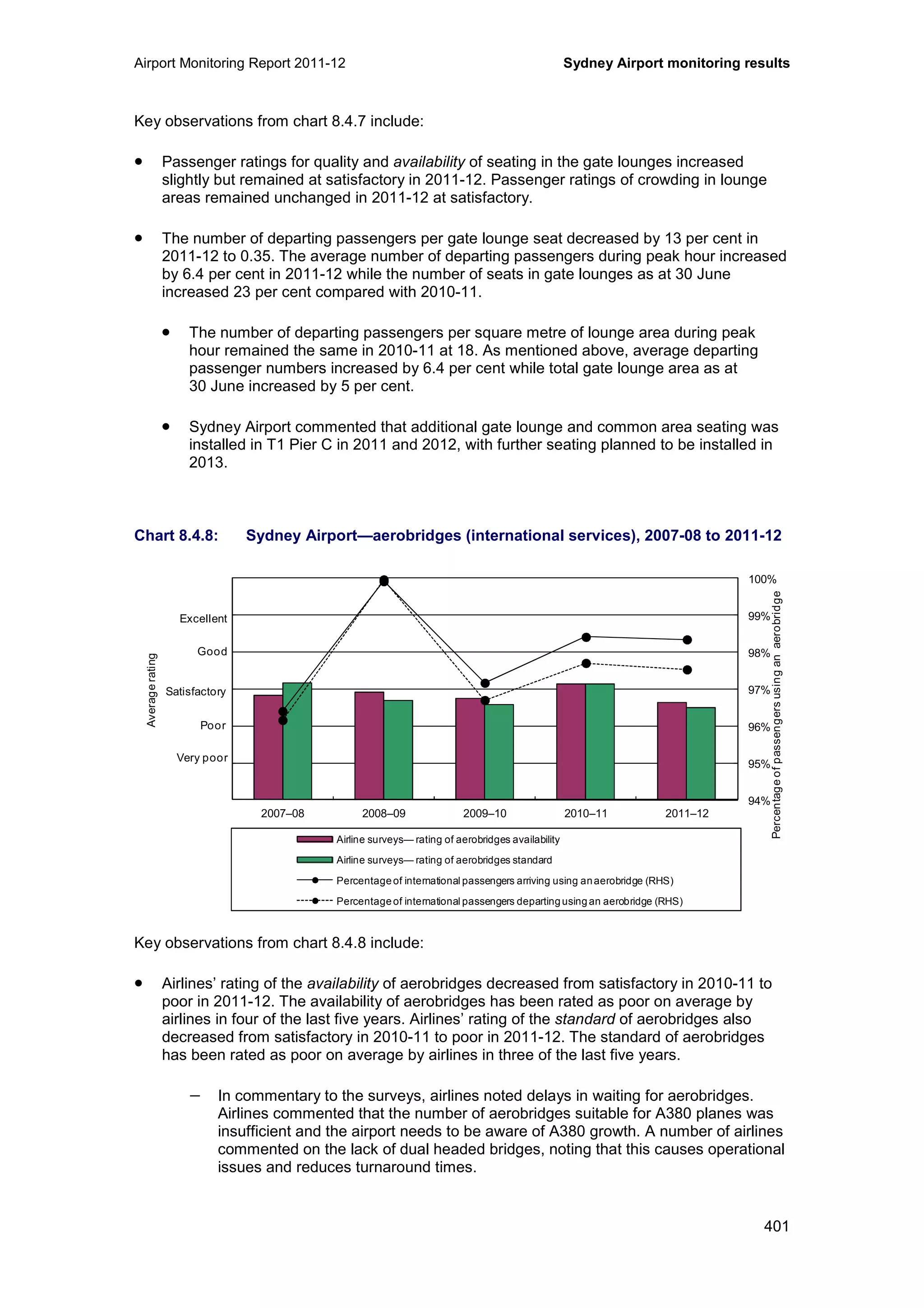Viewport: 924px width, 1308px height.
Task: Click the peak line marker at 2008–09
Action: point(383,580)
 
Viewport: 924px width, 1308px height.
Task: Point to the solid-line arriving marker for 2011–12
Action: point(687,640)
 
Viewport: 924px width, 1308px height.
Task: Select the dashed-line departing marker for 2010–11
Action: point(586,663)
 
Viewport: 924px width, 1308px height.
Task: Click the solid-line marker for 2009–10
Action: point(485,683)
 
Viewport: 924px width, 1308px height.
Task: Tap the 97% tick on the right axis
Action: point(758,691)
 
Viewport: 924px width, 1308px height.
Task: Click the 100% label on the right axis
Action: point(762,580)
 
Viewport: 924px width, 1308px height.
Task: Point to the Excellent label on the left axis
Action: point(203,619)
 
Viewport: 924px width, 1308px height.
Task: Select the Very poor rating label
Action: point(202,758)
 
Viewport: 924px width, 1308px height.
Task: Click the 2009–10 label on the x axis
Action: point(485,813)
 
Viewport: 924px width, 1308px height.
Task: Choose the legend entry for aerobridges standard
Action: point(444,860)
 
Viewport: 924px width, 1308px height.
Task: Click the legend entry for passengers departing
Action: point(509,901)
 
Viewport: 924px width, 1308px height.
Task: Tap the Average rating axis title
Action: point(152,690)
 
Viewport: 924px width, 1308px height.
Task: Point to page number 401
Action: point(776,1226)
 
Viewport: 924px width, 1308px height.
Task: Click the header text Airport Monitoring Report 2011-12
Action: point(240,63)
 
